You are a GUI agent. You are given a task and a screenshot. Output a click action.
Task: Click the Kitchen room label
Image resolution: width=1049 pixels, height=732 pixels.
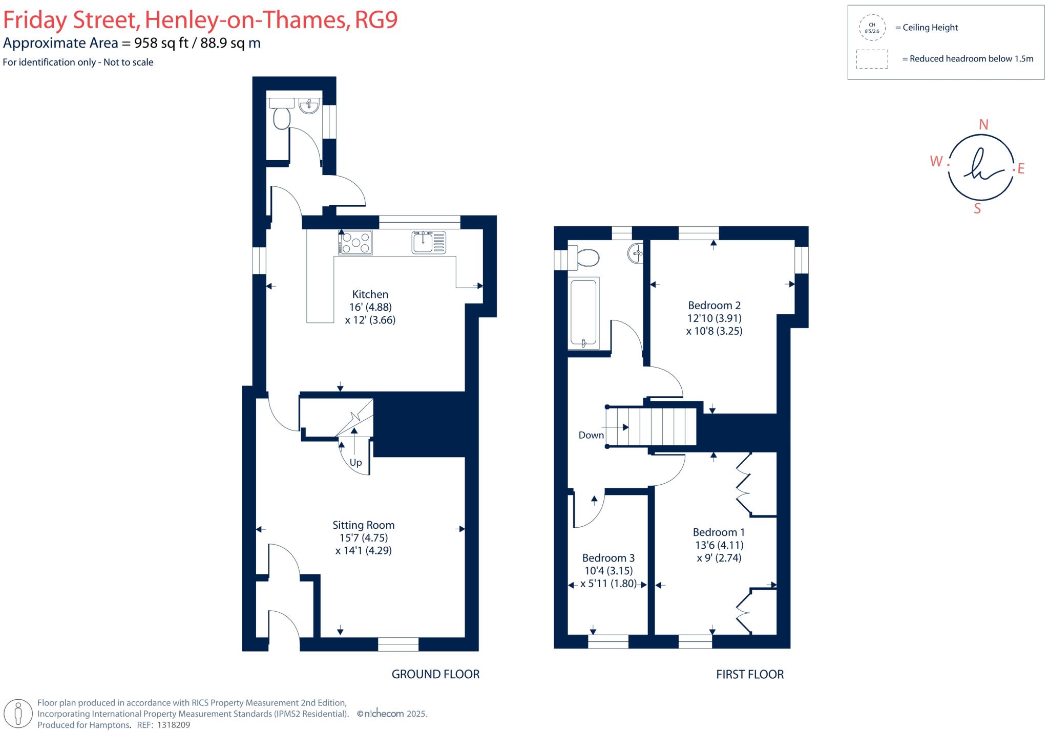[370, 294]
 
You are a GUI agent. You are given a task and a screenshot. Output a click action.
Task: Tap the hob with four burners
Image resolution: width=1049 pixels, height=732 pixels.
[355, 243]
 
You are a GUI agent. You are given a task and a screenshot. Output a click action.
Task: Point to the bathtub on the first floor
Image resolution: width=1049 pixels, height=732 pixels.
[583, 313]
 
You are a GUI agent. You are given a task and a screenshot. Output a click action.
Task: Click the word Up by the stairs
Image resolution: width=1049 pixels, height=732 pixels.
[355, 463]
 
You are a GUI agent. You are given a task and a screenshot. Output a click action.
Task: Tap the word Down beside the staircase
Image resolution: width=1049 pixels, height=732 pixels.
[591, 435]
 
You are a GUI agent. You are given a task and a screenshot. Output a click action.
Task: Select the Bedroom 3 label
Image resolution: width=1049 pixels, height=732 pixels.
[608, 558]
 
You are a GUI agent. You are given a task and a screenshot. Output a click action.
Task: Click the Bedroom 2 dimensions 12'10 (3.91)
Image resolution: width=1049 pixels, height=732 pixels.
[714, 318]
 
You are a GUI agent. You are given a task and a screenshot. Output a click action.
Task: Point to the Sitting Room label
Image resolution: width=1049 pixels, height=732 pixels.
[363, 525]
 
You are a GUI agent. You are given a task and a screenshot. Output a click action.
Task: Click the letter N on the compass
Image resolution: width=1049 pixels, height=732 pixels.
[983, 124]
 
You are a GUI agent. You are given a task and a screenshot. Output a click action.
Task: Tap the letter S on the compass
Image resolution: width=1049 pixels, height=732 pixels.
[977, 209]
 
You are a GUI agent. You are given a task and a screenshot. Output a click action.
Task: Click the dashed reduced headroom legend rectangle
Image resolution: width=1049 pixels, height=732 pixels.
[872, 59]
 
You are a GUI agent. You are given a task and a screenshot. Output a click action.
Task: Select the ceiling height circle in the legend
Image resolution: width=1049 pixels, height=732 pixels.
[872, 28]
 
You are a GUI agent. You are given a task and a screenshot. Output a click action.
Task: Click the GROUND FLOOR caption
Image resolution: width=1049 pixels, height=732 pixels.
[435, 674]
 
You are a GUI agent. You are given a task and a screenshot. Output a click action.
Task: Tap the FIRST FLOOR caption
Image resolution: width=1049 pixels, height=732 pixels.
[749, 674]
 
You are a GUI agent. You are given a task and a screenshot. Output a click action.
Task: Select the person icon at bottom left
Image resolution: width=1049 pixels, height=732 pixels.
[18, 713]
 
